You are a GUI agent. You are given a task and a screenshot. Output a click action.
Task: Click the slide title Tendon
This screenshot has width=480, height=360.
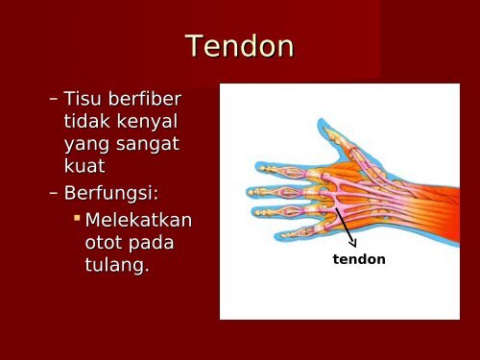click(239, 45)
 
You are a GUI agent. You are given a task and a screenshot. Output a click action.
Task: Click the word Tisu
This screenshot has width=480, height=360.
click(82, 99)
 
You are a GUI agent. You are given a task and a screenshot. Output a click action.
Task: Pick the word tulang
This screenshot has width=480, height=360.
click(116, 266)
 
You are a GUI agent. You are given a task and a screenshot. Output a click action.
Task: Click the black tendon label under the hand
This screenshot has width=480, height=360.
click(358, 259)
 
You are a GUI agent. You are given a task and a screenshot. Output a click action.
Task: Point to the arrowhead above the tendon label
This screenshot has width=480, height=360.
click(352, 243)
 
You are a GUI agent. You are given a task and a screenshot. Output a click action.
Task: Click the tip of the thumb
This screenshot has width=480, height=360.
click(319, 125)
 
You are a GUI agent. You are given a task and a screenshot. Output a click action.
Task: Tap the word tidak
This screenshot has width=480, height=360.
click(84, 122)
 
